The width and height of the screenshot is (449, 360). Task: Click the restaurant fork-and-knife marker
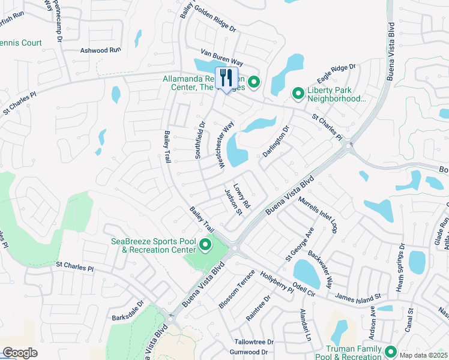click(x=226, y=78)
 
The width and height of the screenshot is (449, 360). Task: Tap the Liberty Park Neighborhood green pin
click(x=297, y=93)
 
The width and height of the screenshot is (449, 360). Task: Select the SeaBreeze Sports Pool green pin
click(x=205, y=245)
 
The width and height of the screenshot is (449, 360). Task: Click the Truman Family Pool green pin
click(x=391, y=352)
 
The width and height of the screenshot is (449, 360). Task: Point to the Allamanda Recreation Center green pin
click(x=254, y=82)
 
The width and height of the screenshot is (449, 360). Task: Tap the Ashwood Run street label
click(x=101, y=51)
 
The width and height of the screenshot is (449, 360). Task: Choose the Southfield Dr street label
click(x=200, y=140)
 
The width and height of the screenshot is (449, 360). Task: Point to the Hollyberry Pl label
click(x=277, y=281)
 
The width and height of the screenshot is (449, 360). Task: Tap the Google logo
click(x=20, y=353)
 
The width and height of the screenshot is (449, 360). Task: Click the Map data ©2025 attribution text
click(x=423, y=355)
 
